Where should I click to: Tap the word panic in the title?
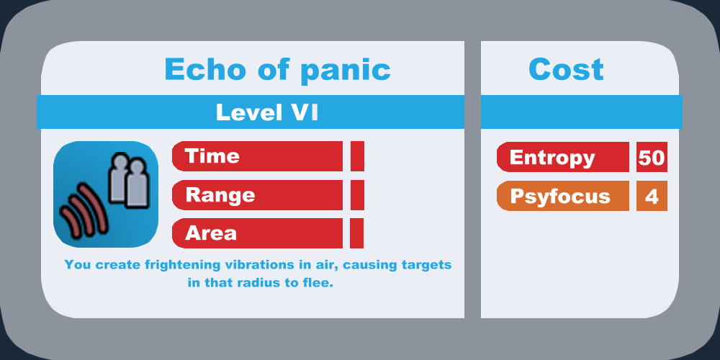pos(345,71)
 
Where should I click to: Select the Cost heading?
pos(566,70)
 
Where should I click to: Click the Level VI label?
pos(267,112)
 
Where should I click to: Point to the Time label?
pos(212,156)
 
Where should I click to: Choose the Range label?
pos(220,195)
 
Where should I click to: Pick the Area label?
pos(211,233)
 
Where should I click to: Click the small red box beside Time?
pos(357,156)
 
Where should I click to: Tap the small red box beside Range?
pos(357,195)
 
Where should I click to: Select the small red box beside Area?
pos(357,233)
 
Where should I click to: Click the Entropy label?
pos(552,158)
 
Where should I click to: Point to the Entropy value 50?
pos(652,158)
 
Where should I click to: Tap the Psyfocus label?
pos(560,197)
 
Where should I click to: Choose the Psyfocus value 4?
pos(652,196)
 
